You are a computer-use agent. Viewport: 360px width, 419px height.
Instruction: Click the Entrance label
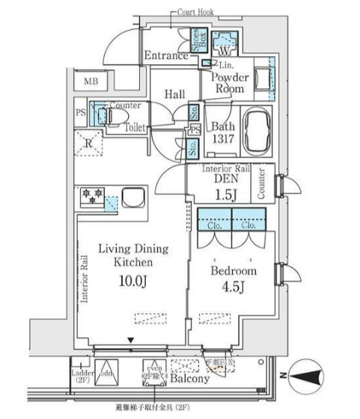point(166,55)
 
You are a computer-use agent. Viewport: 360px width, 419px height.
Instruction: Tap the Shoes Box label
point(195,40)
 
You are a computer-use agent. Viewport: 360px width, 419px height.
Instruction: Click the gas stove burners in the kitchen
point(93,197)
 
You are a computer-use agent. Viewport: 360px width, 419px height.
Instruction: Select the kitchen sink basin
point(136,199)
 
